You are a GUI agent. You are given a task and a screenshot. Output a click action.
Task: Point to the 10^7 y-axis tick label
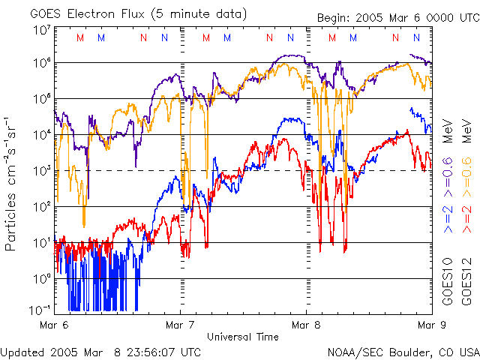tap(41, 30)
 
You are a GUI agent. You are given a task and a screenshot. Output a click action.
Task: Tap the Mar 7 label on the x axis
tap(180, 325)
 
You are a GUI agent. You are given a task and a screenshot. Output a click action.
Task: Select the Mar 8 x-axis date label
tap(306, 325)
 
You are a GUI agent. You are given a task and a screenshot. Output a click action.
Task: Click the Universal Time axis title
tap(242, 337)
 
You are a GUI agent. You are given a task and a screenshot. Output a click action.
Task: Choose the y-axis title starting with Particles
tap(12, 184)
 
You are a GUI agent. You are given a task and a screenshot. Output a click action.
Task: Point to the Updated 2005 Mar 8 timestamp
tap(100, 351)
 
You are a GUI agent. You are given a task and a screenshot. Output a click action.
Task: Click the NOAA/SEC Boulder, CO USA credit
tap(403, 351)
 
